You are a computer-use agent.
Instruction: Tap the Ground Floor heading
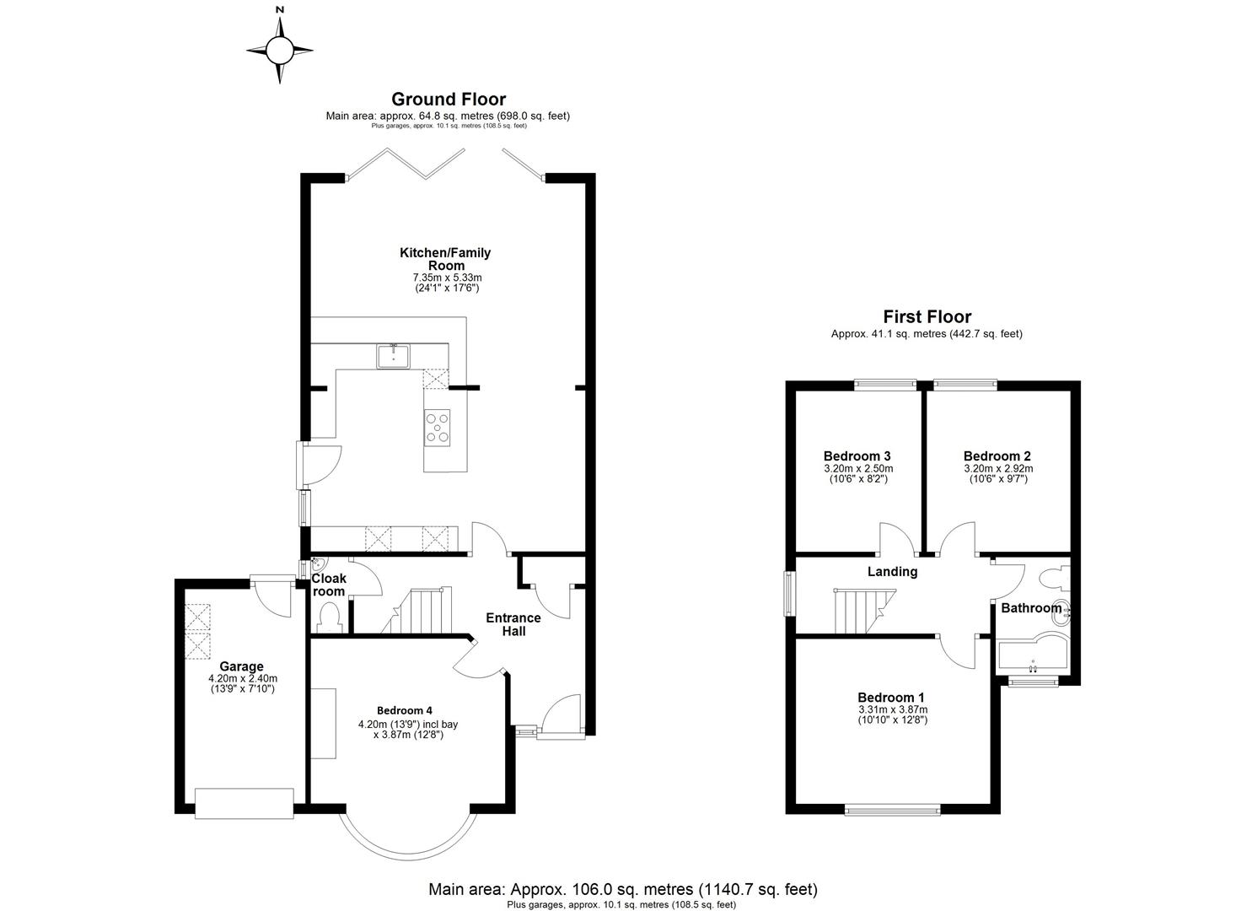(449, 100)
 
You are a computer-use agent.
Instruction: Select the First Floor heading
(927, 317)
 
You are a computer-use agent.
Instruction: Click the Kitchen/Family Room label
(444, 258)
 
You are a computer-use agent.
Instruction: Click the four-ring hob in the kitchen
(437, 426)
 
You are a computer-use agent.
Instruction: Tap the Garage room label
(242, 666)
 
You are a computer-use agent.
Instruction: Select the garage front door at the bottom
(244, 802)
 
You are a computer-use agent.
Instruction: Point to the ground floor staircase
(419, 611)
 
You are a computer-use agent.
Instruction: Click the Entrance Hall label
(513, 624)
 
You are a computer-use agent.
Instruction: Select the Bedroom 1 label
(891, 698)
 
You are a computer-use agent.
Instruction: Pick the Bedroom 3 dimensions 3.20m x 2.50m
(857, 468)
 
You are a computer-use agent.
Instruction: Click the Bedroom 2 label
(997, 455)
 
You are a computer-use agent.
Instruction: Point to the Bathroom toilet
(1052, 578)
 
